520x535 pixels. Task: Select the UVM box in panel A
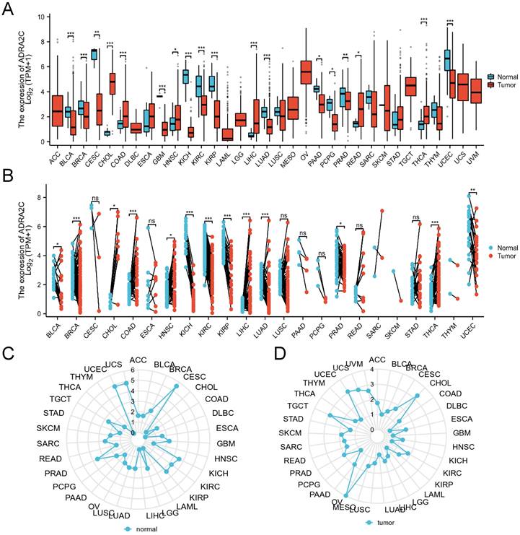tap(475, 91)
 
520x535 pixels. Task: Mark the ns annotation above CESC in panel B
tap(94, 198)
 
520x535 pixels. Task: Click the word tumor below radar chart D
tap(388, 521)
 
